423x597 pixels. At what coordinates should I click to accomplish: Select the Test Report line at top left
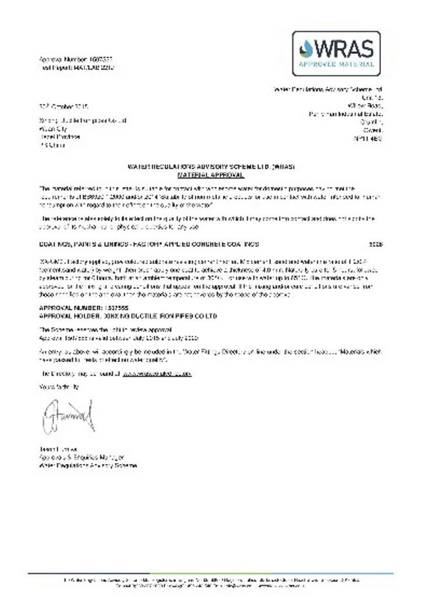(76, 67)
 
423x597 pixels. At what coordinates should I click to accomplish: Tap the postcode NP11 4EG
(368, 139)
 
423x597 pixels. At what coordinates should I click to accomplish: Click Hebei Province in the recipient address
(59, 137)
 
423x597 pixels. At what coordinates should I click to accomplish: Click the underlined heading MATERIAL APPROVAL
(211, 174)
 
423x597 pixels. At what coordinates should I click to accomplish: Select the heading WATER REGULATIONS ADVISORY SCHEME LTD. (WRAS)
(211, 167)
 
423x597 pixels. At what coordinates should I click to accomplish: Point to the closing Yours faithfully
(59, 387)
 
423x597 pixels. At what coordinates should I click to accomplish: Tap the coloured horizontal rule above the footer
(211, 573)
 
